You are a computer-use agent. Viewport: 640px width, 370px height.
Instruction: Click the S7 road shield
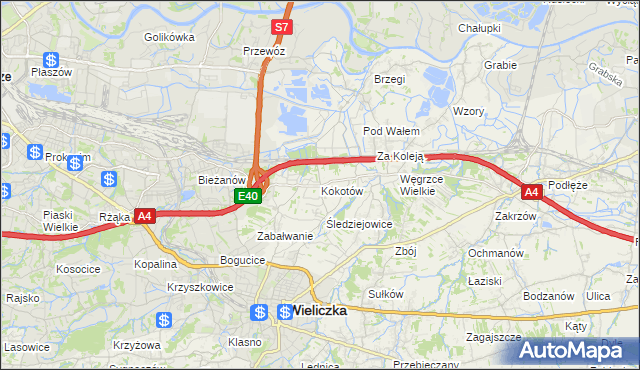(x=282, y=27)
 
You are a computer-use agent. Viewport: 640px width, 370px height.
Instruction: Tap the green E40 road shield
(x=249, y=196)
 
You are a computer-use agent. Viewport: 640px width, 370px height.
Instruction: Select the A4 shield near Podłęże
(x=531, y=191)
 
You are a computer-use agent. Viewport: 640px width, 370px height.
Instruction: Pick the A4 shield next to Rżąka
(x=145, y=215)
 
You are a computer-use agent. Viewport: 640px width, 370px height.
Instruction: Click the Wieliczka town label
(x=319, y=311)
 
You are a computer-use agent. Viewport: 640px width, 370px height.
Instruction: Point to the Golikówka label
(x=168, y=37)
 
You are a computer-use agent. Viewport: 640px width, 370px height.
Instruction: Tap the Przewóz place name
(x=265, y=49)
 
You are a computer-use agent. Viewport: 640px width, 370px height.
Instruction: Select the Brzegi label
(x=389, y=79)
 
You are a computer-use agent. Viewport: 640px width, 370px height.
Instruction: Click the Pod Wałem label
(x=390, y=131)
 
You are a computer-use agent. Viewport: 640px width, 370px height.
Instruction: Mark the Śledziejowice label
(x=359, y=224)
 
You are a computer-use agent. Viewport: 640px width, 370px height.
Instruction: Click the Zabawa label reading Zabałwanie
(x=286, y=236)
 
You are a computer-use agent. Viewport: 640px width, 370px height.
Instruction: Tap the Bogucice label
(x=243, y=260)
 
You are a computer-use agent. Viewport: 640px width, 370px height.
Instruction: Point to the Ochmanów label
(x=496, y=253)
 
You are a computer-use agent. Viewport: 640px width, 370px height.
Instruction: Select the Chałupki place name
(x=478, y=28)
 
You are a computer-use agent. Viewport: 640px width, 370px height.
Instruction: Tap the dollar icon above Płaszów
(x=51, y=61)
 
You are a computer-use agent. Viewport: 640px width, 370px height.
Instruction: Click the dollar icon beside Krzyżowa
(x=164, y=322)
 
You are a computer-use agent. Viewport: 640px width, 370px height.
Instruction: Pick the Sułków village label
(x=385, y=294)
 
